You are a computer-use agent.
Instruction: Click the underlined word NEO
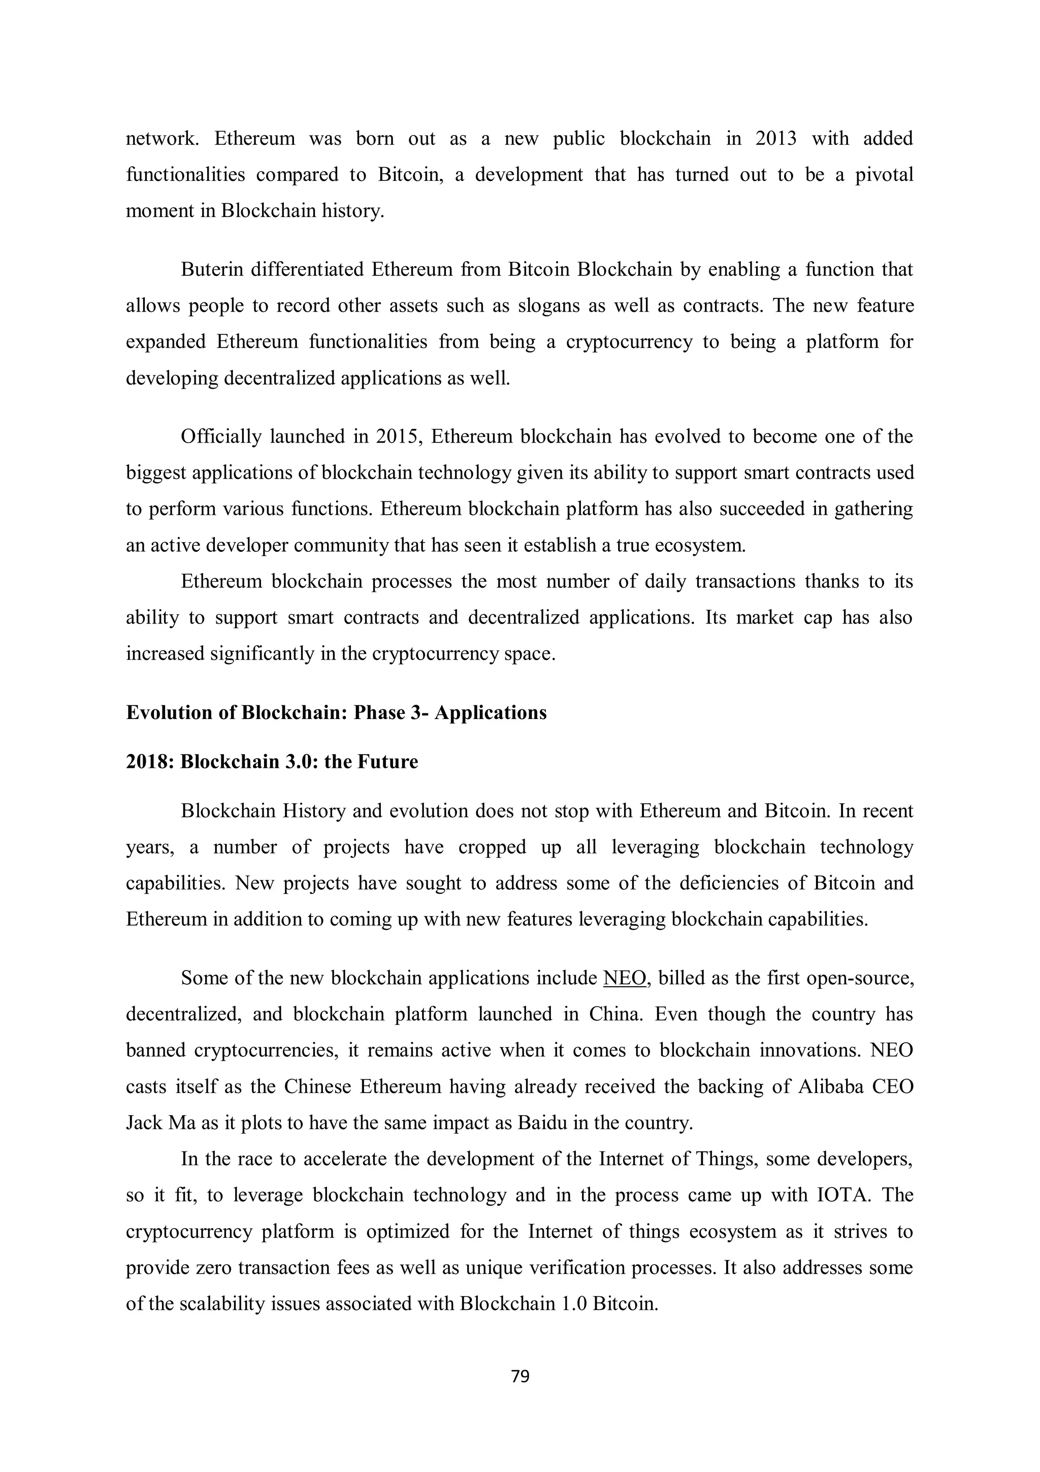coord(625,978)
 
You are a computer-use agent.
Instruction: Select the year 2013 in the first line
coord(775,139)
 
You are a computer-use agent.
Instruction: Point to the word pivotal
coord(884,175)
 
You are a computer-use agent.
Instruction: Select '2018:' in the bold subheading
coord(150,762)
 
